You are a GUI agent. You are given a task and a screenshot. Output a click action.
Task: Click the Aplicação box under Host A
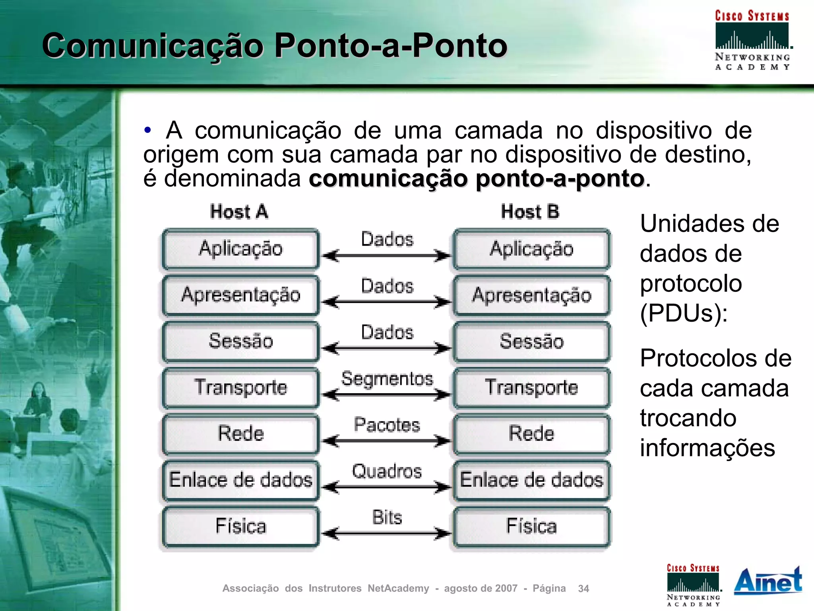240,249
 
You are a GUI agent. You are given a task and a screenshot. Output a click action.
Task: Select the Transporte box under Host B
531,388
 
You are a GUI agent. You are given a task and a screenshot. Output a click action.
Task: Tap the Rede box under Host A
240,434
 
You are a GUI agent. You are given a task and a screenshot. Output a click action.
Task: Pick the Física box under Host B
531,526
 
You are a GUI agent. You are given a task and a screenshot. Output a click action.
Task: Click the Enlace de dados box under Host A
240,480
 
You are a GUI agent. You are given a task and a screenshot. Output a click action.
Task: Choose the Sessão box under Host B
531,341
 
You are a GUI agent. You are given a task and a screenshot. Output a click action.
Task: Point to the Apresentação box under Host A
240,295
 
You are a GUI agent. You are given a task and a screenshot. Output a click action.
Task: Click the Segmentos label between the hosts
387,378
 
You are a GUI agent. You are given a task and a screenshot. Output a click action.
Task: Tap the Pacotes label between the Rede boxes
387,425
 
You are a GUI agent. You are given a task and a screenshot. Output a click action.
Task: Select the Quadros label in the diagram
387,471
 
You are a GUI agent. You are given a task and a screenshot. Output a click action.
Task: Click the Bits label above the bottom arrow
387,518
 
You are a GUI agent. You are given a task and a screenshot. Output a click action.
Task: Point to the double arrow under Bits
386,533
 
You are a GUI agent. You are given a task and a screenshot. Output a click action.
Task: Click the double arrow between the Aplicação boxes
386,256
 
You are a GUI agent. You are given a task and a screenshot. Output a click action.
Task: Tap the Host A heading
239,212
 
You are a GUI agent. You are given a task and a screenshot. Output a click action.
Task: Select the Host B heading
530,212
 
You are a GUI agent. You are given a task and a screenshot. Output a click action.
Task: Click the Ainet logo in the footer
768,581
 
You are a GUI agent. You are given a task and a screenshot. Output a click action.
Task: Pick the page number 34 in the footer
583,589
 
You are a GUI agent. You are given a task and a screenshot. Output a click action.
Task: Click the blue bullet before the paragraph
148,130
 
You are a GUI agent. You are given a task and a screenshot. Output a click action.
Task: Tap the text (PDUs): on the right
684,313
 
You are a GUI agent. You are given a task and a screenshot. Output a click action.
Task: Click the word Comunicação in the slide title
153,45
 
